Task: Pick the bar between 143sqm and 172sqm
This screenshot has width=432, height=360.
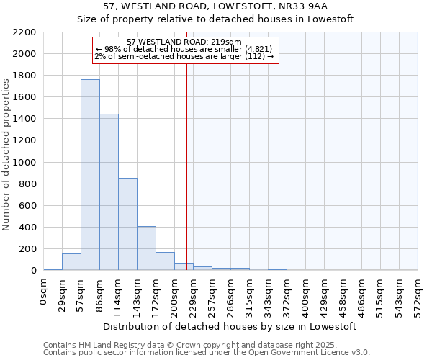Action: coord(146,248)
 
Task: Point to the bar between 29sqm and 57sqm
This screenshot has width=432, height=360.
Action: coord(71,262)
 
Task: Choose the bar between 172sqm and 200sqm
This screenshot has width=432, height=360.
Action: coord(165,261)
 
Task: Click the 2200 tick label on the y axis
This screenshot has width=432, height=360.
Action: coord(24,32)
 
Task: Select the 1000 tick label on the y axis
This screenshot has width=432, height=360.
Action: coord(24,163)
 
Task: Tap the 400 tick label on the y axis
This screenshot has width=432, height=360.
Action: coord(27,228)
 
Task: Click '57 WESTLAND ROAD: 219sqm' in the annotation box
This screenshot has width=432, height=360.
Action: coord(184,42)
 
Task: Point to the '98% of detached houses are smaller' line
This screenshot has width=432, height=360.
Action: coord(184,49)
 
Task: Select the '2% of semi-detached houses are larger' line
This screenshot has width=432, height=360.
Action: coord(184,56)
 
